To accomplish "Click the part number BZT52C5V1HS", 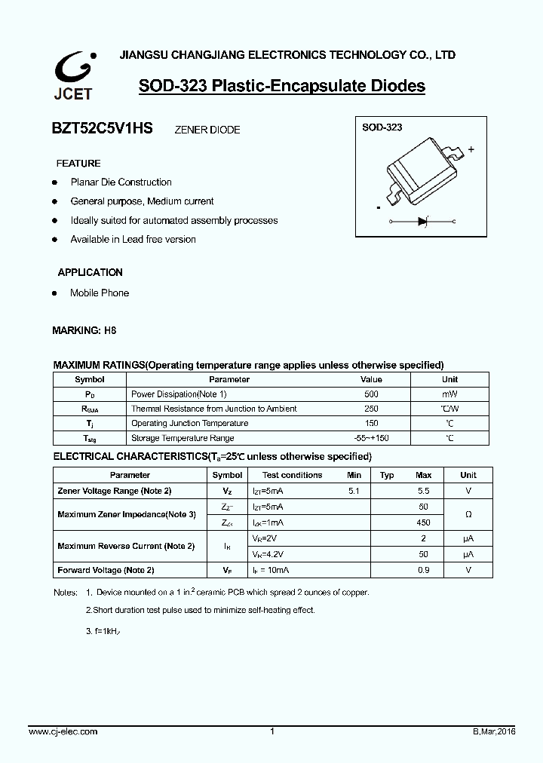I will click(102, 129).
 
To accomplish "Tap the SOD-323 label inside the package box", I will click(382, 127).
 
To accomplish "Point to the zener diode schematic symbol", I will click(423, 222).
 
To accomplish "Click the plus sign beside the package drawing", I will click(471, 149).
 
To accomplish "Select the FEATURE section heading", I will click(78, 164).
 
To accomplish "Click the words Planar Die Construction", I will click(121, 182).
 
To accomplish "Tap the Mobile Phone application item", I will click(100, 293).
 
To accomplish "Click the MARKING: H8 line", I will click(84, 330).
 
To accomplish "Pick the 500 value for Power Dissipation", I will click(371, 394).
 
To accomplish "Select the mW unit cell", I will click(449, 394).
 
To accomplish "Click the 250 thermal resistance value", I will click(371, 409).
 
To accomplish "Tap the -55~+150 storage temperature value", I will click(371, 438).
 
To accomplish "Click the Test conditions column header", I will click(292, 475).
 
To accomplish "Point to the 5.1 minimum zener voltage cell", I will click(354, 491).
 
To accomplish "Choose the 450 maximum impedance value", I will click(423, 522).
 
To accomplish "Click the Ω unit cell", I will click(468, 514).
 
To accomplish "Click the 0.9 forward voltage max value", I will click(423, 570).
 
